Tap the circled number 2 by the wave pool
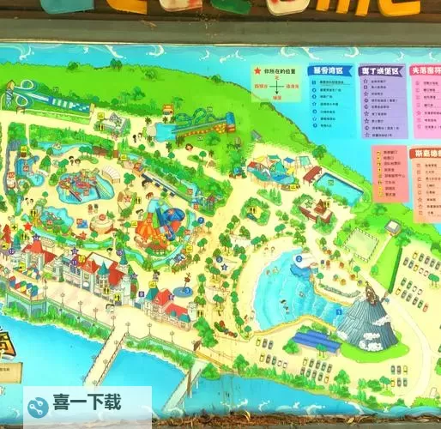299,258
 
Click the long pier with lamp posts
103,355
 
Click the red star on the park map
27,227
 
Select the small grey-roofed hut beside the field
391,227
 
